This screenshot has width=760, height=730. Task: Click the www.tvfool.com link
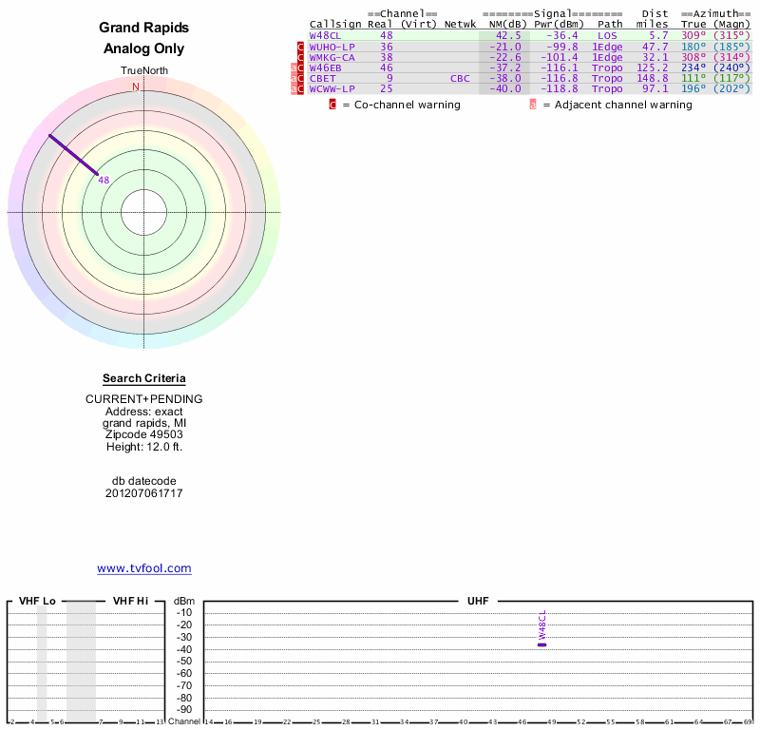pyautogui.click(x=143, y=568)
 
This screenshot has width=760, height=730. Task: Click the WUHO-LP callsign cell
pyautogui.click(x=332, y=47)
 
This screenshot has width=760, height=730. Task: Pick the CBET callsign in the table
pyautogui.click(x=322, y=78)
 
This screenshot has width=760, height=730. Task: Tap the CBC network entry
pyautogui.click(x=460, y=78)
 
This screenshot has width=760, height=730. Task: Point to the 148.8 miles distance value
pyautogui.click(x=653, y=78)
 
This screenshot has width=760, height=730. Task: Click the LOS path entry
pyautogui.click(x=608, y=35)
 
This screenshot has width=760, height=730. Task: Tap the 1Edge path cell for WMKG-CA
pyautogui.click(x=607, y=57)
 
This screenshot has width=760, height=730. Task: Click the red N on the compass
pyautogui.click(x=136, y=86)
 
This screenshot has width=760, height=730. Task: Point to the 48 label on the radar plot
pyautogui.click(x=104, y=180)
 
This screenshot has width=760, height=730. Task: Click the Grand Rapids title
pyautogui.click(x=143, y=29)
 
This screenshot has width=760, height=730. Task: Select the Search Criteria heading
pyautogui.click(x=143, y=378)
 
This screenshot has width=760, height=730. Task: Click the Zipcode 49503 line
pyautogui.click(x=143, y=433)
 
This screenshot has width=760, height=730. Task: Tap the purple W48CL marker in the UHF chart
pyautogui.click(x=541, y=644)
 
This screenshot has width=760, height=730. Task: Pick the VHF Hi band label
pyautogui.click(x=130, y=601)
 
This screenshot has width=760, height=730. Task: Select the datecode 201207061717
pyautogui.click(x=143, y=493)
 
